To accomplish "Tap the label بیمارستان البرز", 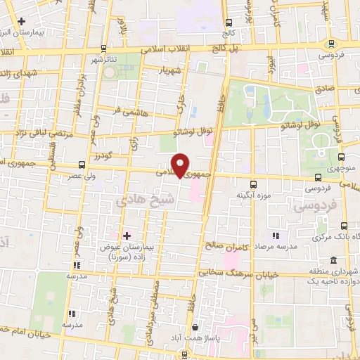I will [x=37, y=33].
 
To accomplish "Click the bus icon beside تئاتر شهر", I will [x=103, y=48].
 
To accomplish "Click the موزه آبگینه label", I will [x=253, y=195].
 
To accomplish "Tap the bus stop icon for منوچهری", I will [x=341, y=157].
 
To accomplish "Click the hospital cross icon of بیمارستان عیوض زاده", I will [x=127, y=235].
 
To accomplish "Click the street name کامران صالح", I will [x=229, y=246].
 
